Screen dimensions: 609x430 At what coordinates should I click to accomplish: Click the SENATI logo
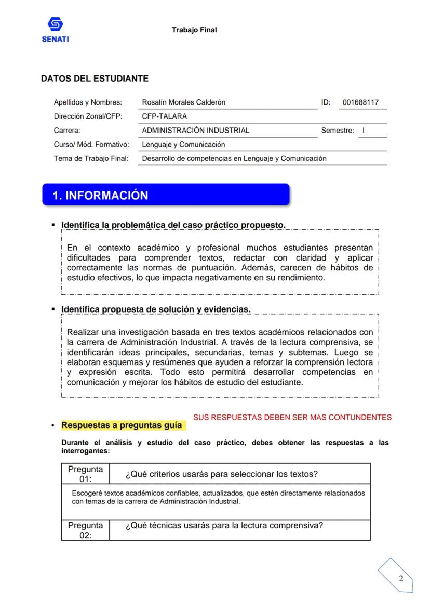[55, 30]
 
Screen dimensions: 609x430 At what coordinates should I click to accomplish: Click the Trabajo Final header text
[194, 30]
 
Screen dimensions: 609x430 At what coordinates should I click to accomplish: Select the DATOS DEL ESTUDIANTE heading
[95, 79]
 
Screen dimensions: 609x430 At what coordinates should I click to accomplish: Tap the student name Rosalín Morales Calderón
[184, 102]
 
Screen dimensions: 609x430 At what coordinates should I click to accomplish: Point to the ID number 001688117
[361, 102]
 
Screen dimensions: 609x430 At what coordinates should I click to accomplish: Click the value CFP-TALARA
[164, 116]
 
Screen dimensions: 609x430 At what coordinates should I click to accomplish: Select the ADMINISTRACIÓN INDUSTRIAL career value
[196, 131]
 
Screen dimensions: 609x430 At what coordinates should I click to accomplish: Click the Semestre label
[337, 131]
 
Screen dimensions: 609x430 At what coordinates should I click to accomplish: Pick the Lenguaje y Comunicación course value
[183, 145]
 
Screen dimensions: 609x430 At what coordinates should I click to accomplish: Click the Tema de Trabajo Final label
[91, 159]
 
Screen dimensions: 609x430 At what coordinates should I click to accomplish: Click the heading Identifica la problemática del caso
[173, 225]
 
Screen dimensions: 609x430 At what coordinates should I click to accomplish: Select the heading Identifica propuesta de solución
[156, 309]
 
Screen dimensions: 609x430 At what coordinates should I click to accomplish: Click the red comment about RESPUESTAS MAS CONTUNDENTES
[292, 417]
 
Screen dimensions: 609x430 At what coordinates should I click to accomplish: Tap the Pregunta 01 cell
[86, 474]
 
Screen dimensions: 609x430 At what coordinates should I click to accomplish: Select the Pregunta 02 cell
[86, 530]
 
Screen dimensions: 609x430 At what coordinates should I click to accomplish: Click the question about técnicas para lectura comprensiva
[224, 525]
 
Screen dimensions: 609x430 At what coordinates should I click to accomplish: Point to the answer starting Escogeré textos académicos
[218, 497]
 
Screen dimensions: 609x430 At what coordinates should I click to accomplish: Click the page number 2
[400, 579]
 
